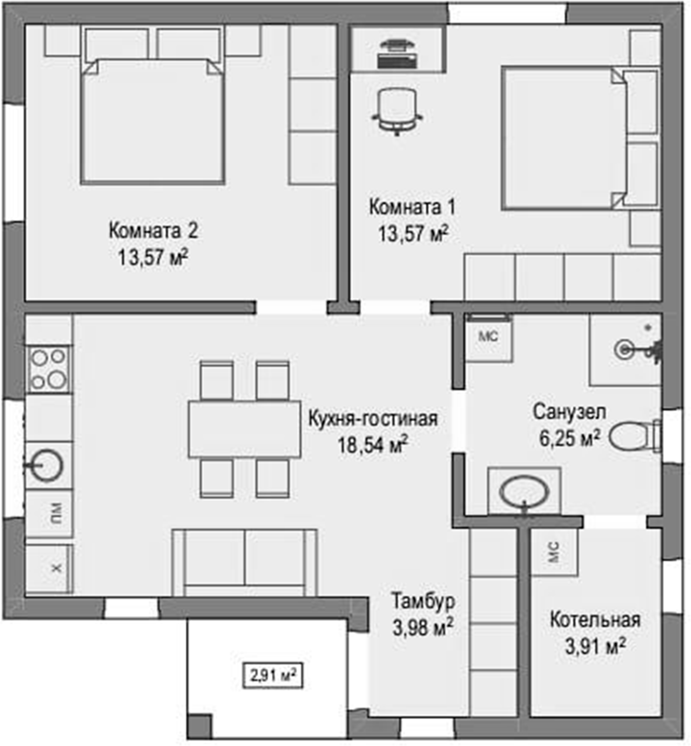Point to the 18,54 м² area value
373,444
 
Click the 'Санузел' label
570,412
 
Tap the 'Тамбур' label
423,601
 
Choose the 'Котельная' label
595,620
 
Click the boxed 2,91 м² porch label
273,676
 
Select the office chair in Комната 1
397,112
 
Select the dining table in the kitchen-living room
245,429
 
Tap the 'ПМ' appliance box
49,513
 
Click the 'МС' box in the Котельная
554,552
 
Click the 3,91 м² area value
595,646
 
